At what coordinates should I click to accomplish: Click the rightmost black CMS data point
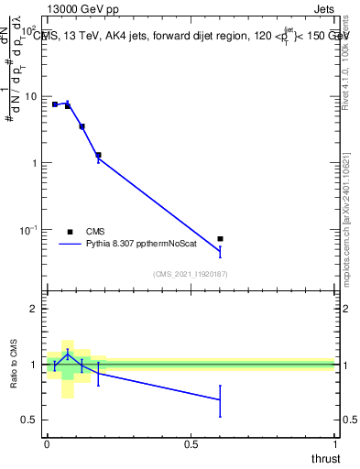pos(220,239)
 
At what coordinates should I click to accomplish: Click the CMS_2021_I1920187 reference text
pos(191,274)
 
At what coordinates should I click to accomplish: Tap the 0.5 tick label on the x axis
pos(191,443)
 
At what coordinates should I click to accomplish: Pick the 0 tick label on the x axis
pos(47,443)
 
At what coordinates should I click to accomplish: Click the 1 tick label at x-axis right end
pos(334,443)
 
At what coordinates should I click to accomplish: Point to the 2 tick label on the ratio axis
pos(34,310)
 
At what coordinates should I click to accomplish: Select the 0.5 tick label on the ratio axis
pos(29,420)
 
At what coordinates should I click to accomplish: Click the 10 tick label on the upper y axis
pos(29,97)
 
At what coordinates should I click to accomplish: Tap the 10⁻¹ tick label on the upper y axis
pos(27,230)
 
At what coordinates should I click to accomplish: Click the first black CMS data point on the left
pos(55,104)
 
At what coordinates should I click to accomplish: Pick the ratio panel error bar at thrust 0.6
pos(220,400)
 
